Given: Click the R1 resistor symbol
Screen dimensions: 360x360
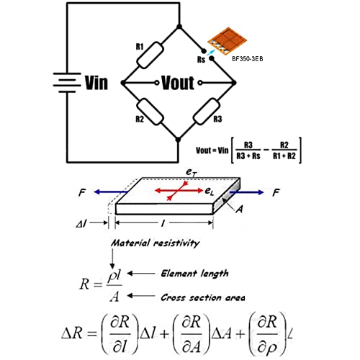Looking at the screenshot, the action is coord(150,55).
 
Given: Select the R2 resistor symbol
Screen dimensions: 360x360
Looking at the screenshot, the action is coord(150,112).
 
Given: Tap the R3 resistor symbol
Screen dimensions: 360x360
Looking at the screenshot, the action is coord(207,112).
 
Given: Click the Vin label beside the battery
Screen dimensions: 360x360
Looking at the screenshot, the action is coord(96,83).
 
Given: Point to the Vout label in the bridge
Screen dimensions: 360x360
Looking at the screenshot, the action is coord(178,83).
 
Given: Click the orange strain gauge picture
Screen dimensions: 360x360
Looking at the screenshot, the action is coord(227,41).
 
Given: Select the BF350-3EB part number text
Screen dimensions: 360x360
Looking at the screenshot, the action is coord(247,59).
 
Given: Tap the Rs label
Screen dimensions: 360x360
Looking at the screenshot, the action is coord(201,59).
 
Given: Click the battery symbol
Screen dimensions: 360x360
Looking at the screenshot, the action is coord(67,83).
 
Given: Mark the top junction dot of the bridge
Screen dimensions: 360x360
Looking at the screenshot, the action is coord(179,27).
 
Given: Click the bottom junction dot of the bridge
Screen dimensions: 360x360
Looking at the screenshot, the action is coord(178,140).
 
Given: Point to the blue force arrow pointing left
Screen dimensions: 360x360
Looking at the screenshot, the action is coord(110,192).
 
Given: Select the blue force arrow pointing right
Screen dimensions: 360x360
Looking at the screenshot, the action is coord(247,192).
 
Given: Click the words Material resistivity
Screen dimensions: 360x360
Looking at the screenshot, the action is coord(155,243).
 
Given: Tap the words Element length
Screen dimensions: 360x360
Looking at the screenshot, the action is coord(194,274).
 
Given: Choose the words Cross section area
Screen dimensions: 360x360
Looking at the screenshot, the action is coord(203,297).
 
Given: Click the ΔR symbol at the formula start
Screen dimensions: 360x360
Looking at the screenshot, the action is coord(72,333).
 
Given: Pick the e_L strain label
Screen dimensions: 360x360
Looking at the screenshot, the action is coord(210,192).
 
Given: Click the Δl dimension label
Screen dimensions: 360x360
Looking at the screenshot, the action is coord(81,224).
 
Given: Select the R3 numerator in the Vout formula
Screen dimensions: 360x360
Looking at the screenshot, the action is coord(248,145).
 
